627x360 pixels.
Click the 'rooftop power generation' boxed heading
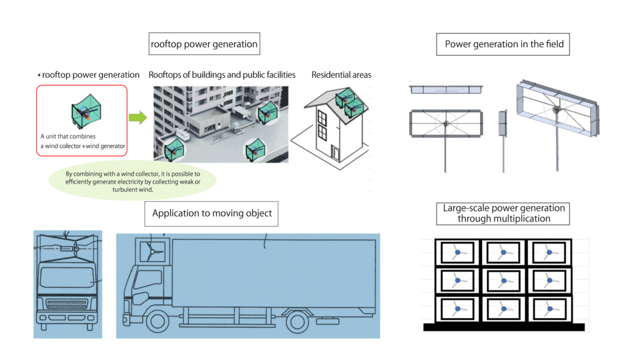(205, 44)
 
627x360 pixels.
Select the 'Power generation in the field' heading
(504, 44)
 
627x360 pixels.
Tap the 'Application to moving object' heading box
(212, 214)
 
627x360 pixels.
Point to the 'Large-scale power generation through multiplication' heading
(504, 214)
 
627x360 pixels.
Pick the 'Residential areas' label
(341, 75)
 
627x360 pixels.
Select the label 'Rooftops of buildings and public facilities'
(222, 75)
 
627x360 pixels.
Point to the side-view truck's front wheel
(157, 322)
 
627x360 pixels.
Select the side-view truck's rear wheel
(299, 322)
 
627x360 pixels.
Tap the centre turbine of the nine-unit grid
(503, 280)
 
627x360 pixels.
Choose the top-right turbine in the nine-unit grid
(549, 252)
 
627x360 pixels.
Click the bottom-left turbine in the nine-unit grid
(457, 307)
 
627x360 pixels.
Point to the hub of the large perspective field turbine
(556, 109)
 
